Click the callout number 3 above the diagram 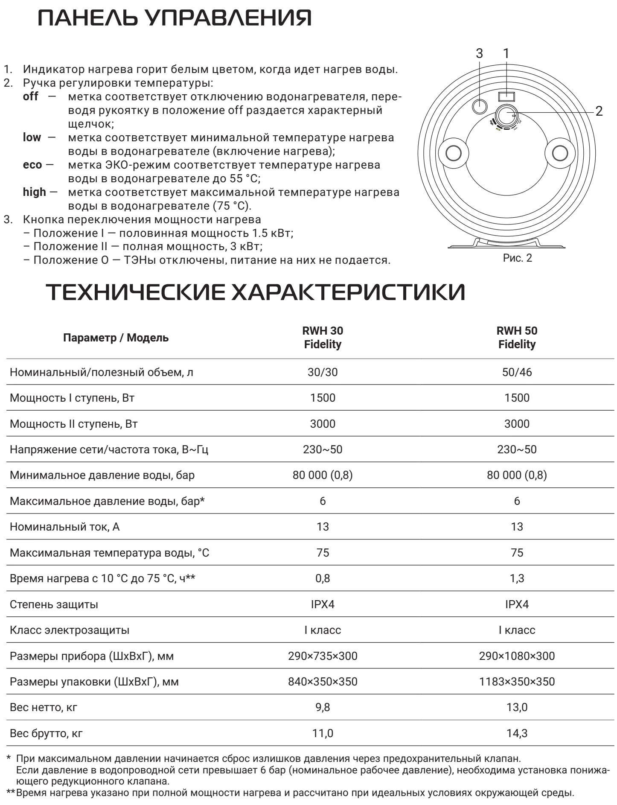coord(479,54)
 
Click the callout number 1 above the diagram coord(506,54)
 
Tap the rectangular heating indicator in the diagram coord(506,96)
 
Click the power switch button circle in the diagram coord(480,105)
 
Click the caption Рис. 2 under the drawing coord(518,258)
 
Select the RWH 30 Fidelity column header coord(323,338)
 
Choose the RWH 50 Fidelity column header coord(517,338)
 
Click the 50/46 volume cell coord(517,372)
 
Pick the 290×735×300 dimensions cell coord(323,656)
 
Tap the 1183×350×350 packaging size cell coord(517,682)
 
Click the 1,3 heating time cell coord(517,578)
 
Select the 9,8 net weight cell coord(323,707)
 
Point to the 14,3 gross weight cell coord(517,733)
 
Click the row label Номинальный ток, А coord(65,527)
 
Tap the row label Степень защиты coord(54,604)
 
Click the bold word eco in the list coord(32,165)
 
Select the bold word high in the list coord(34,192)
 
